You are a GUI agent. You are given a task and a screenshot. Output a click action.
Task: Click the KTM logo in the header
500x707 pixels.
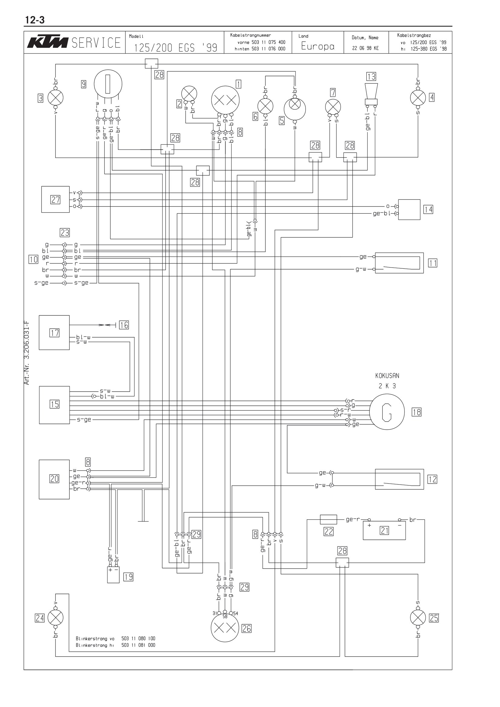(48, 43)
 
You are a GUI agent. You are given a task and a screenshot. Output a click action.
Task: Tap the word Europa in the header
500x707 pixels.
(318, 46)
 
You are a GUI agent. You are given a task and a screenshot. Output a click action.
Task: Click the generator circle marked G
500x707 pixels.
(387, 412)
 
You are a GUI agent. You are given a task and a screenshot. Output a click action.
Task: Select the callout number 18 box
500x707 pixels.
(417, 412)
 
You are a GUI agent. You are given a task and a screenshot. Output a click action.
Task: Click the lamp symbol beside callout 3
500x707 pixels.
(55, 98)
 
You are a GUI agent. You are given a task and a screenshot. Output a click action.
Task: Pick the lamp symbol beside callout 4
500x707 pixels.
(418, 98)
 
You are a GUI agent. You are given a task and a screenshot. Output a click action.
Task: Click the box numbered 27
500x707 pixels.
(55, 199)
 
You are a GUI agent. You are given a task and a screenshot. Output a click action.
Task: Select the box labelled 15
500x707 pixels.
(54, 405)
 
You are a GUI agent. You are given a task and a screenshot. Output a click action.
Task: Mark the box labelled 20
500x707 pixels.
(54, 479)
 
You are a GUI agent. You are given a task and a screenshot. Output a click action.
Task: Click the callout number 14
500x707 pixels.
(428, 210)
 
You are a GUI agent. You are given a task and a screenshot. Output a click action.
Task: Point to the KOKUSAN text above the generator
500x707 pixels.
(387, 376)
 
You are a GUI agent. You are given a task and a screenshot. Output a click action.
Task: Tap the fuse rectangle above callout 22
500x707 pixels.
(328, 520)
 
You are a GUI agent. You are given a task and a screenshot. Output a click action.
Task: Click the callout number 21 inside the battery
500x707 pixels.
(384, 530)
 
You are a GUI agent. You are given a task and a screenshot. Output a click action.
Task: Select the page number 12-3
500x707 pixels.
(34, 20)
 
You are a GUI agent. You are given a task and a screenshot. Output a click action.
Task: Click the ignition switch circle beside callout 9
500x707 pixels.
(108, 84)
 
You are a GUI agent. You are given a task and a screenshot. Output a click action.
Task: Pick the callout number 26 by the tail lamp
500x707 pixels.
(247, 628)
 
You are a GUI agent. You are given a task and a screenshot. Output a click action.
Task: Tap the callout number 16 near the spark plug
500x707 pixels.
(124, 325)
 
